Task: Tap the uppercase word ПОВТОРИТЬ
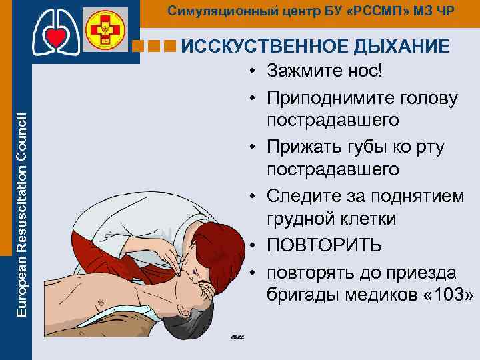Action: pos(324,245)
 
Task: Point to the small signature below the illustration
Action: pos(239,337)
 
